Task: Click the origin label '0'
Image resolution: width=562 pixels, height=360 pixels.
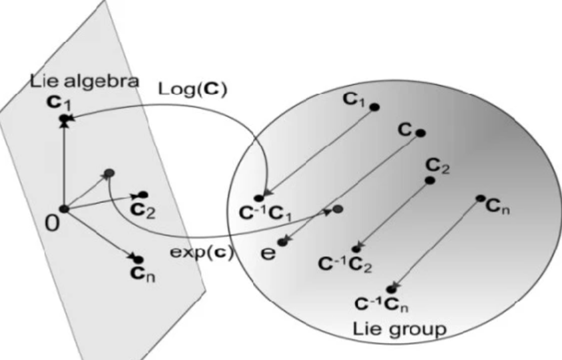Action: click(x=53, y=222)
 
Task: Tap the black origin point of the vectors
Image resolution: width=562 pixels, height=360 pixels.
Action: click(x=63, y=208)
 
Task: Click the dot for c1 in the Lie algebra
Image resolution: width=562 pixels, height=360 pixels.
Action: click(x=65, y=118)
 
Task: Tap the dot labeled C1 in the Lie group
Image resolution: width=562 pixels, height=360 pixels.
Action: click(x=375, y=106)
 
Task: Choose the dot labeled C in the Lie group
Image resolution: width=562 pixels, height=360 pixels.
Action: click(x=420, y=133)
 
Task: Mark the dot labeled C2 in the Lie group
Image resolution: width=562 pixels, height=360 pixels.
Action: click(x=430, y=180)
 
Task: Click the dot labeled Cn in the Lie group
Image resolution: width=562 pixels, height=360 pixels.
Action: click(x=480, y=198)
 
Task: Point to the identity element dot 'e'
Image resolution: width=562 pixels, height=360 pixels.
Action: click(x=282, y=242)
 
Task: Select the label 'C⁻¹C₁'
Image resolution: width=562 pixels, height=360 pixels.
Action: click(x=266, y=214)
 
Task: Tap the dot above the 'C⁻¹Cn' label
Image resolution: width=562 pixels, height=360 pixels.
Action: click(x=391, y=289)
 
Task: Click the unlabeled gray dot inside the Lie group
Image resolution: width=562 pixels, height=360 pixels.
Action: click(x=338, y=210)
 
